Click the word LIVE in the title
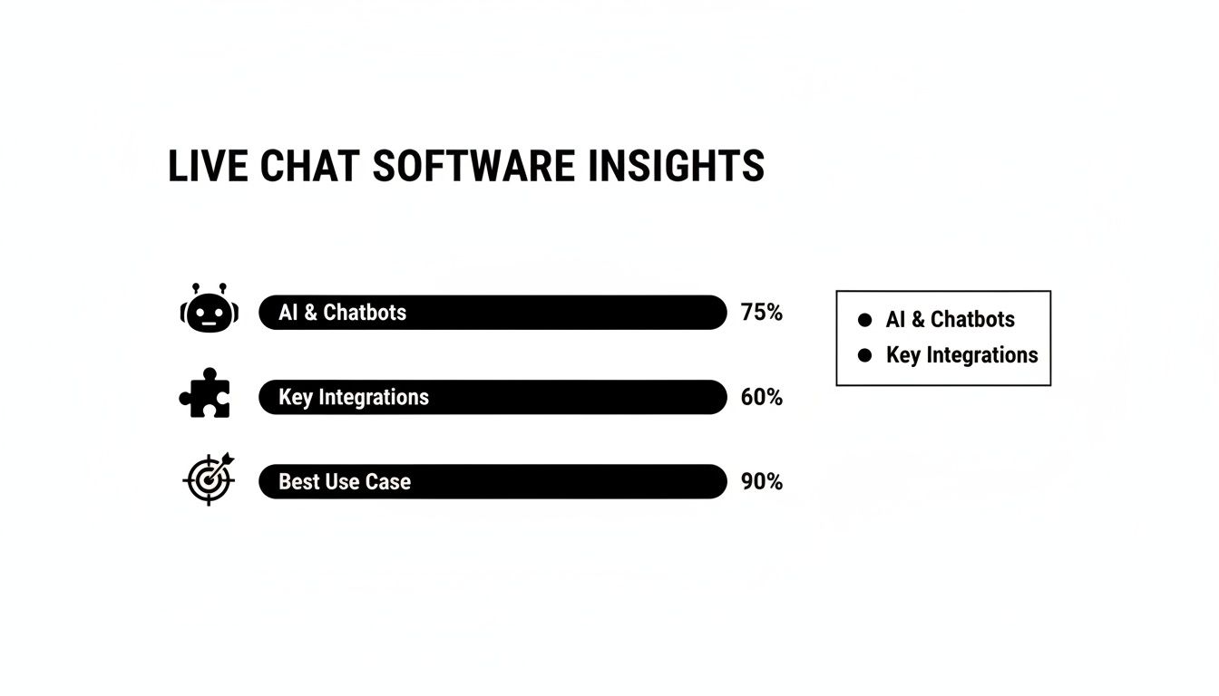(208, 167)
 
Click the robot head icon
(209, 309)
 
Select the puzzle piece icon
(206, 393)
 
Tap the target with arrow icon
(209, 478)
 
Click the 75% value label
(761, 313)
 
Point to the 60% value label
(761, 397)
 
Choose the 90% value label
(761, 482)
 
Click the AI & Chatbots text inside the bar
(342, 313)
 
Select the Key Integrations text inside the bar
(353, 397)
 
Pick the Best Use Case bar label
(344, 482)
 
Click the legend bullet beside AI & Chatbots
(864, 320)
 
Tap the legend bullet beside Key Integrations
(864, 355)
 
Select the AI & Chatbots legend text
(950, 320)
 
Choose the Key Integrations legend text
(961, 355)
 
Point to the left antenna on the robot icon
(196, 287)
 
